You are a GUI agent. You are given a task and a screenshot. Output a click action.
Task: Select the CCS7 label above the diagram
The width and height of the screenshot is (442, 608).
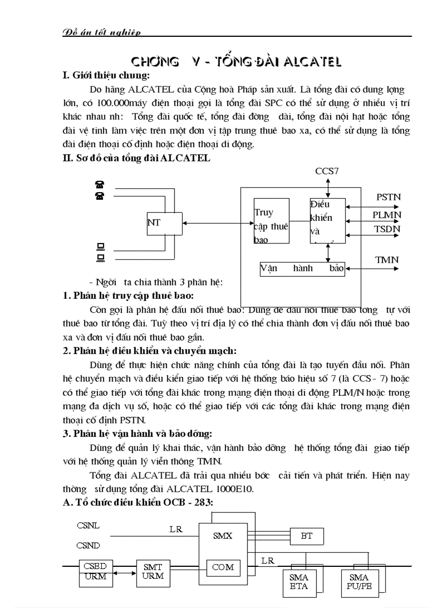[x=328, y=171]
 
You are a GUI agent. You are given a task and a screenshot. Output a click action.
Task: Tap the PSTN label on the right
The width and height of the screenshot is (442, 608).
[x=388, y=198]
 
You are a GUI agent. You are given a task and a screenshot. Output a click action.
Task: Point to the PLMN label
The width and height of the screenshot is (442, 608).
[x=387, y=215]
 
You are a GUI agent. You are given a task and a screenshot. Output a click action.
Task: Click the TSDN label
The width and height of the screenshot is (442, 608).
[x=387, y=229]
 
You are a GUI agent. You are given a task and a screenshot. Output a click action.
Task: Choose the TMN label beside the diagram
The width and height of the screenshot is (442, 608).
[x=387, y=260]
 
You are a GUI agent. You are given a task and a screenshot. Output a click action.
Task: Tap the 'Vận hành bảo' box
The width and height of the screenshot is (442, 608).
[x=302, y=269]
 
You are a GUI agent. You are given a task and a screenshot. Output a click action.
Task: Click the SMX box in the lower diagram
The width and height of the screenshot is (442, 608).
[x=223, y=536]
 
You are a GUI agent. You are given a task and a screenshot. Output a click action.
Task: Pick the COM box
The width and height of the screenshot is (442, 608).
[x=223, y=567]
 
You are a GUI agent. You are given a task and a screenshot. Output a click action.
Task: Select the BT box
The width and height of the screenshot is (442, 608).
[x=307, y=536]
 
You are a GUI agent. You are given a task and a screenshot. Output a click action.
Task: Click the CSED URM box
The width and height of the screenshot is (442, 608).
[x=95, y=571]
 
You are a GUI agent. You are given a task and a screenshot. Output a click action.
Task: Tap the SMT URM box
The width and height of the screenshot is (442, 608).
[x=153, y=571]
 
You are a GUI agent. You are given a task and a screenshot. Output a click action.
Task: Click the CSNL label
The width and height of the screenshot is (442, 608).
[x=88, y=525]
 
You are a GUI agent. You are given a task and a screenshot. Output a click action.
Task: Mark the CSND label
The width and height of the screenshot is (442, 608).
[x=88, y=546]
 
